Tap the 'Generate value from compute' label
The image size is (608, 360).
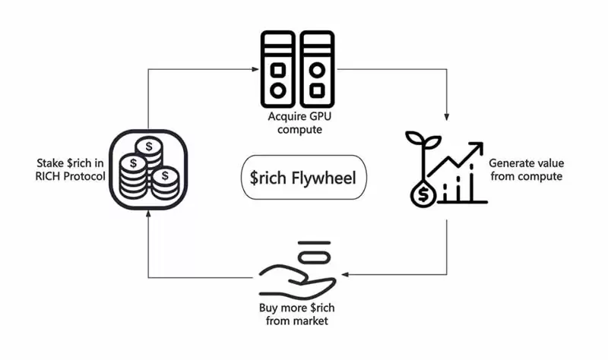click(x=525, y=169)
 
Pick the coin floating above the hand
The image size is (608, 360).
click(x=312, y=252)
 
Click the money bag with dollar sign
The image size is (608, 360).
click(x=422, y=194)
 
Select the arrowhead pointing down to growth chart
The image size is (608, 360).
click(x=446, y=116)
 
